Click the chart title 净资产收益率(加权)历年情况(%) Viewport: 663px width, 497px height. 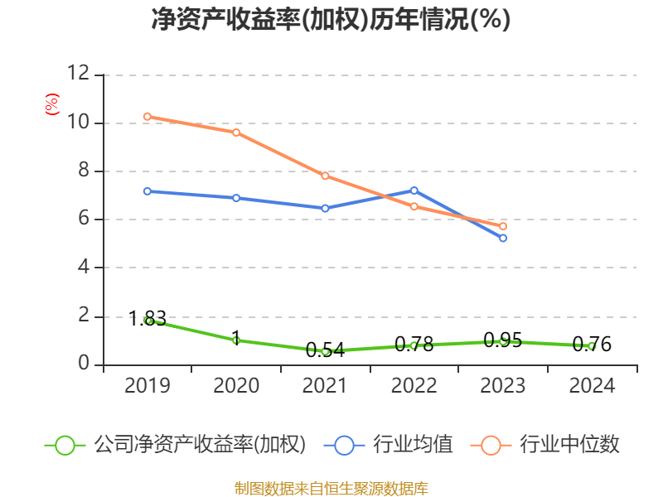pos(331,20)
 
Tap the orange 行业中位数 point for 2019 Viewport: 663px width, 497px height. pos(148,117)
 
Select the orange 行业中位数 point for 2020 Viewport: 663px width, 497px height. pos(236,133)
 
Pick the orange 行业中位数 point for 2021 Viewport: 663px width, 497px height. pos(325,176)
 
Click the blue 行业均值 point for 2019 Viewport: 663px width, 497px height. pos(148,191)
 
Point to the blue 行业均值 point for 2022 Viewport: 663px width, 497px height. pos(414,191)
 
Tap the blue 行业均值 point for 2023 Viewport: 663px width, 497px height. pos(503,238)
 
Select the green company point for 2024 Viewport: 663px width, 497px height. pos(592,346)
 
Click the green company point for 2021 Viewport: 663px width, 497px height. pos(325,351)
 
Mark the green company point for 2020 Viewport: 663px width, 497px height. pos(236,340)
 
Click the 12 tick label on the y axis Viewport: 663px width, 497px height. pos(78,74)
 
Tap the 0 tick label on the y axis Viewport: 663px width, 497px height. pos(84,364)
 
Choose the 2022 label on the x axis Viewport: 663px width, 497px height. pos(414,386)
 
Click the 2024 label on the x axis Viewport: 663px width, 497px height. pos(592,386)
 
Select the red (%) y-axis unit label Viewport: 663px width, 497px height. pos(52,104)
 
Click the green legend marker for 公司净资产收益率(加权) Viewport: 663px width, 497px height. pos(65,445)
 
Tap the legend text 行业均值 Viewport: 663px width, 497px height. pos(413,445)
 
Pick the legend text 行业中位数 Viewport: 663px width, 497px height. pos(569,445)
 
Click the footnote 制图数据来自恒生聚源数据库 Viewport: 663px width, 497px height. pos(331,488)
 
